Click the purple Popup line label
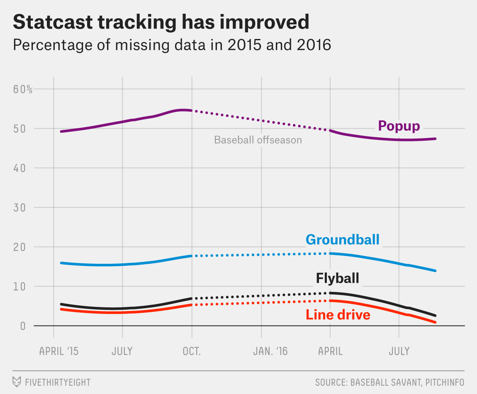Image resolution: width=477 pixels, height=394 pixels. point(399,126)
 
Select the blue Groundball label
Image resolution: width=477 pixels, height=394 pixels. point(342,240)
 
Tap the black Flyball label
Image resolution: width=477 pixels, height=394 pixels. point(337,277)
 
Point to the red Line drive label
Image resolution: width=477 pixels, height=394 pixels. point(338,315)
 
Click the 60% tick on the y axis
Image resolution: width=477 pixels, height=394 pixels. point(23,89)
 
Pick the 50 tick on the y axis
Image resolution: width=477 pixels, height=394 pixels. point(19,129)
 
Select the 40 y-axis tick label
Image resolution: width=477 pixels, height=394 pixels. point(19,168)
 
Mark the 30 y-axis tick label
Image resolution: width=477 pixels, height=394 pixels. point(19,207)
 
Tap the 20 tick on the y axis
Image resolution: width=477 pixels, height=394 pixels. point(19,247)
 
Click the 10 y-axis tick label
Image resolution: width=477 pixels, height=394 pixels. point(19,286)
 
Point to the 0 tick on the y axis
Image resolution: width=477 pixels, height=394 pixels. point(23,326)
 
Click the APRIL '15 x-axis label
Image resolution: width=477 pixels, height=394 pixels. point(58,351)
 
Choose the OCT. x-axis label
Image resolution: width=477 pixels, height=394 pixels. point(192,351)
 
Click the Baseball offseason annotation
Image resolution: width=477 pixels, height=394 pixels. point(258,140)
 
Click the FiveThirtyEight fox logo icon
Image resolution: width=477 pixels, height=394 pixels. point(17,382)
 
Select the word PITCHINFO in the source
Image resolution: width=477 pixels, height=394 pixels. point(444,382)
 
